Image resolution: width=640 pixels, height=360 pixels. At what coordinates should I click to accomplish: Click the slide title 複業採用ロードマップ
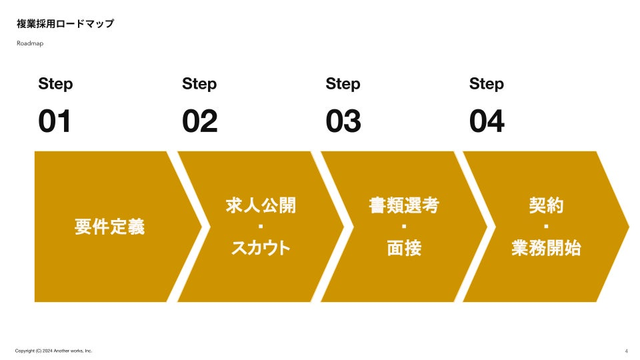(65, 24)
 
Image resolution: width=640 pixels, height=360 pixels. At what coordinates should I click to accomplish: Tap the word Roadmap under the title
(30, 43)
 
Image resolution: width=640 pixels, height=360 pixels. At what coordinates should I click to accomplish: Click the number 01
(55, 122)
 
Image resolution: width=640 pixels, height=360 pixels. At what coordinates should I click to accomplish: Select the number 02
(199, 122)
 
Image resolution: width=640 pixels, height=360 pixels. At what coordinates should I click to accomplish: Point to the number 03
(343, 122)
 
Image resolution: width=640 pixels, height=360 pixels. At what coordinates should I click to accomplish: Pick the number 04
(487, 122)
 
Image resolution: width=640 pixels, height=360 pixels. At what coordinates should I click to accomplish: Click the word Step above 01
(55, 84)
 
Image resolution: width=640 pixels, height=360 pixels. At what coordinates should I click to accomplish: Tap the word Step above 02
(199, 84)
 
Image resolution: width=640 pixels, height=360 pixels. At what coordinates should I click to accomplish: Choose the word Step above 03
(343, 84)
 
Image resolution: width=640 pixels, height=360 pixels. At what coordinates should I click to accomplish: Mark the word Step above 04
(487, 84)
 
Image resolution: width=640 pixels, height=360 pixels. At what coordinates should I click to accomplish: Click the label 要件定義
(109, 227)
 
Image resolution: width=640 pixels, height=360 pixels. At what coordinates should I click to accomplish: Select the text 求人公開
(261, 205)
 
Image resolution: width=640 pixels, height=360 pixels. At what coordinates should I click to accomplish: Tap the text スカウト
(261, 248)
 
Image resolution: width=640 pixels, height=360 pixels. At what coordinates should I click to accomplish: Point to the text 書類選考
(404, 205)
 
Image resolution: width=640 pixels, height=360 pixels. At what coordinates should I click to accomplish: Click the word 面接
(404, 248)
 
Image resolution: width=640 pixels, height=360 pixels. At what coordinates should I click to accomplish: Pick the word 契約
(546, 205)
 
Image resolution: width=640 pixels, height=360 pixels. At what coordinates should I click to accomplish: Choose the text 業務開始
(546, 248)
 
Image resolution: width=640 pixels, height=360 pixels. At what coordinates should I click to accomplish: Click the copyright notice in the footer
(53, 351)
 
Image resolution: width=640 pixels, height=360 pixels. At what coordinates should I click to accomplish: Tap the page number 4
(626, 351)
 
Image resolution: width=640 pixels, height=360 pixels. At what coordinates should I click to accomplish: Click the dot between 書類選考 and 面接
(404, 227)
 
